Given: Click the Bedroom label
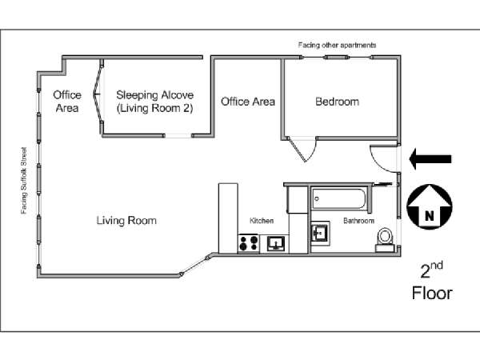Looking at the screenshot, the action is [x=337, y=102].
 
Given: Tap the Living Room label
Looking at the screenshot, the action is [x=126, y=221].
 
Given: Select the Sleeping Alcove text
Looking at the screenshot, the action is [x=154, y=95].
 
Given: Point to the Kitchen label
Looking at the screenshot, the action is [x=262, y=221].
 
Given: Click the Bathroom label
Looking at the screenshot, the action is [x=358, y=221].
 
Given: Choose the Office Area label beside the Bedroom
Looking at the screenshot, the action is [x=248, y=102].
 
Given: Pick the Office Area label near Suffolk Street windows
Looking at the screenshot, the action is [x=67, y=102].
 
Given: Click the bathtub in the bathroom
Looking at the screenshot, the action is [x=339, y=199].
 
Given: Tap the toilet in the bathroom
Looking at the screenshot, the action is [x=385, y=239].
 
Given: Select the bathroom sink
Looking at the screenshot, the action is [x=320, y=233].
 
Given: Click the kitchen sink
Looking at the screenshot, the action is [x=276, y=244].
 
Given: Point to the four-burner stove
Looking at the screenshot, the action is [x=249, y=244].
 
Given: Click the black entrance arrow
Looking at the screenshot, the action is [x=430, y=159].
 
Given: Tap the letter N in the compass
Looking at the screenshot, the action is [x=430, y=216].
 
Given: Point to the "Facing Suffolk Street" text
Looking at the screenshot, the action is [x=23, y=181].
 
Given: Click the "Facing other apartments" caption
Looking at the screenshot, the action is [x=337, y=45].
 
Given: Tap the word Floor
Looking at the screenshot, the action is [x=432, y=293].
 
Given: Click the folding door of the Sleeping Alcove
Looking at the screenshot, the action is [x=98, y=95].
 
